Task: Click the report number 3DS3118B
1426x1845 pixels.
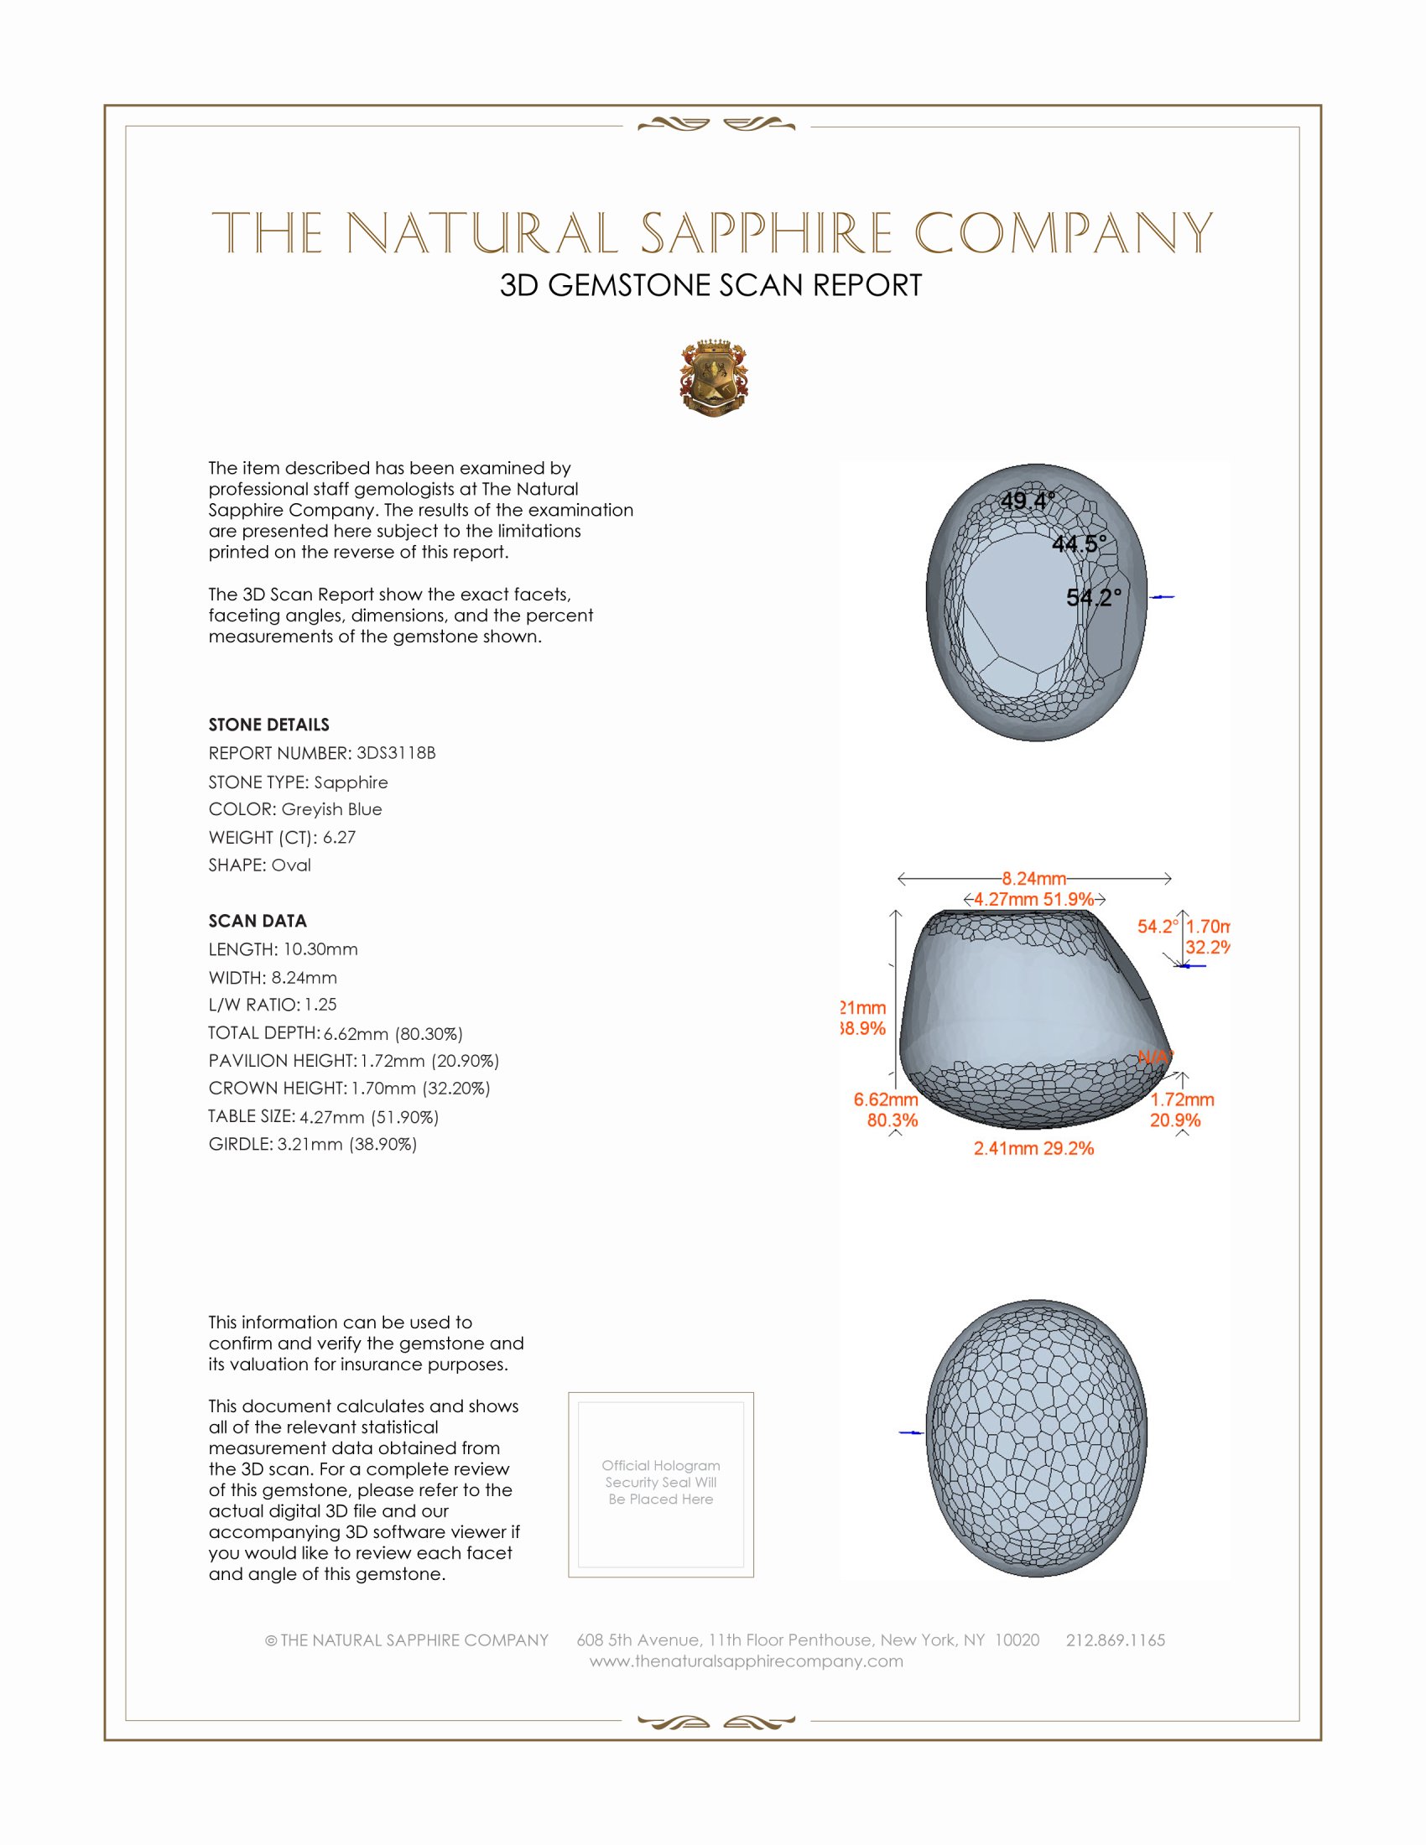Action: (395, 753)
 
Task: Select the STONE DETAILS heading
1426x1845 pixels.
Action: (268, 725)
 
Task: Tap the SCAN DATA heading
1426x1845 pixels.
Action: (258, 921)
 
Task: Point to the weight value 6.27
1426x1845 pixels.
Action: (339, 837)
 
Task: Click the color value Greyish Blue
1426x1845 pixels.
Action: (331, 809)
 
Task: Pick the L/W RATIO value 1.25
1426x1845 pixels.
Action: (320, 1005)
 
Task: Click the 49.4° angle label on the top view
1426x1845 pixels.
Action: (1028, 501)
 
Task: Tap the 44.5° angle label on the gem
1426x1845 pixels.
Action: (1078, 544)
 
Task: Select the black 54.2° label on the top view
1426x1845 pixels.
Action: (1093, 598)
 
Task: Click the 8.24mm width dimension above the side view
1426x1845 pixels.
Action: (1034, 879)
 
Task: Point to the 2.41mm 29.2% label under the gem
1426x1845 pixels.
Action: (1033, 1148)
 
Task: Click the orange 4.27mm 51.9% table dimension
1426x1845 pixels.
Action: (1033, 899)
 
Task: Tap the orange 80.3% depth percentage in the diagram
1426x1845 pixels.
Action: (893, 1120)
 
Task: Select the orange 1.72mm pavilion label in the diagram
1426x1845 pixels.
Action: (1182, 1099)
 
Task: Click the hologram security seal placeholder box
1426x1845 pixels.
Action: (661, 1484)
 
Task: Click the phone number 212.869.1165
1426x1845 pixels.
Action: (1115, 1640)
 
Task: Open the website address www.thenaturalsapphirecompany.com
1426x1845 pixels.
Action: (746, 1660)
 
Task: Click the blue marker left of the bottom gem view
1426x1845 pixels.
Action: (911, 1432)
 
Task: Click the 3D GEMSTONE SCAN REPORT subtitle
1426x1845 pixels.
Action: (710, 285)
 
